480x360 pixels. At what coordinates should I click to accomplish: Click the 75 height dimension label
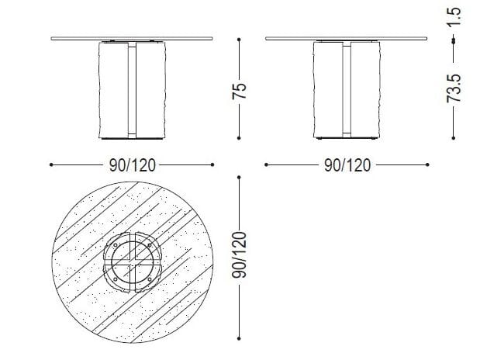coord(240,89)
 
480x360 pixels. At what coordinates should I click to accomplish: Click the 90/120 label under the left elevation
coord(132,165)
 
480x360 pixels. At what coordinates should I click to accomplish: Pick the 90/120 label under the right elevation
coord(346,165)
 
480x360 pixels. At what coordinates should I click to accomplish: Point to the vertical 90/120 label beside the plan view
coord(240,255)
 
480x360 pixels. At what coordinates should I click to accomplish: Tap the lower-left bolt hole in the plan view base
coord(116,276)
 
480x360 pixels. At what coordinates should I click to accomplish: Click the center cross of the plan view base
coord(132,260)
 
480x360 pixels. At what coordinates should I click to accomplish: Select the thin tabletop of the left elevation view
coord(132,37)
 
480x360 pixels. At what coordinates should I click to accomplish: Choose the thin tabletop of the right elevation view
coord(346,37)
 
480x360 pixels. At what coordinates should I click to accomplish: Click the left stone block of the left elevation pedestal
coord(113,89)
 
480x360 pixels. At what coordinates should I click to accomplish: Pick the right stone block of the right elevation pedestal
coord(364,89)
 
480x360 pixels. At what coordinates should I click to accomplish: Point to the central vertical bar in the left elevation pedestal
coord(132,89)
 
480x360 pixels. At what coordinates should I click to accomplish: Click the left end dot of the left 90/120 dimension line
coord(51,164)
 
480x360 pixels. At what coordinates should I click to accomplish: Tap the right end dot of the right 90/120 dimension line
coord(427,164)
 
